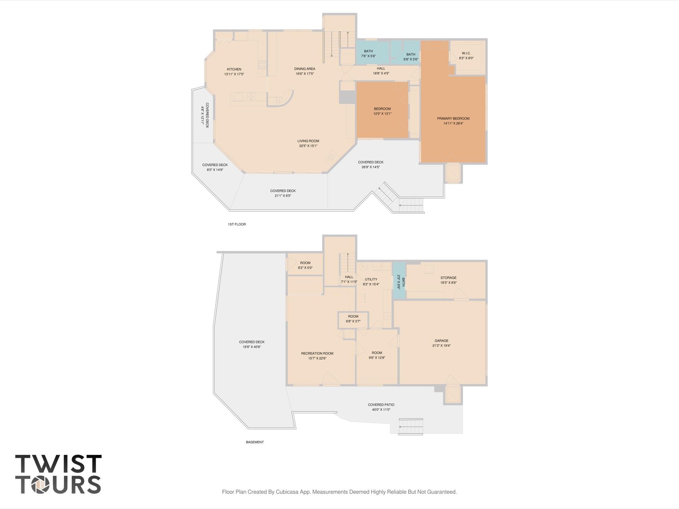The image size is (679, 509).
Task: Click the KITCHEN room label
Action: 234,69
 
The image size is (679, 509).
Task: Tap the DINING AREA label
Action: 305,69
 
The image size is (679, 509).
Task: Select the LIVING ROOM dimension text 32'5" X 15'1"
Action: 308,146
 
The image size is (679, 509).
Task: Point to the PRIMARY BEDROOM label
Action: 453,119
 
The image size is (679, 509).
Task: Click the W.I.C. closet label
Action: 466,53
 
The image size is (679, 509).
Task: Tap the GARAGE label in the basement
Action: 441,341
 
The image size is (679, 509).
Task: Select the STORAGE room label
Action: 448,278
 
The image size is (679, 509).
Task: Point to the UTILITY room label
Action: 371,280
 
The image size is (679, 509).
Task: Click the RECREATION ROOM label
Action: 317,353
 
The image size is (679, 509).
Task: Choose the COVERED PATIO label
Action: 381,405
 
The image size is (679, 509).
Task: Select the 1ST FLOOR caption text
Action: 237,224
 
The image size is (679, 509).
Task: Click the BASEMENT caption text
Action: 255,442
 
